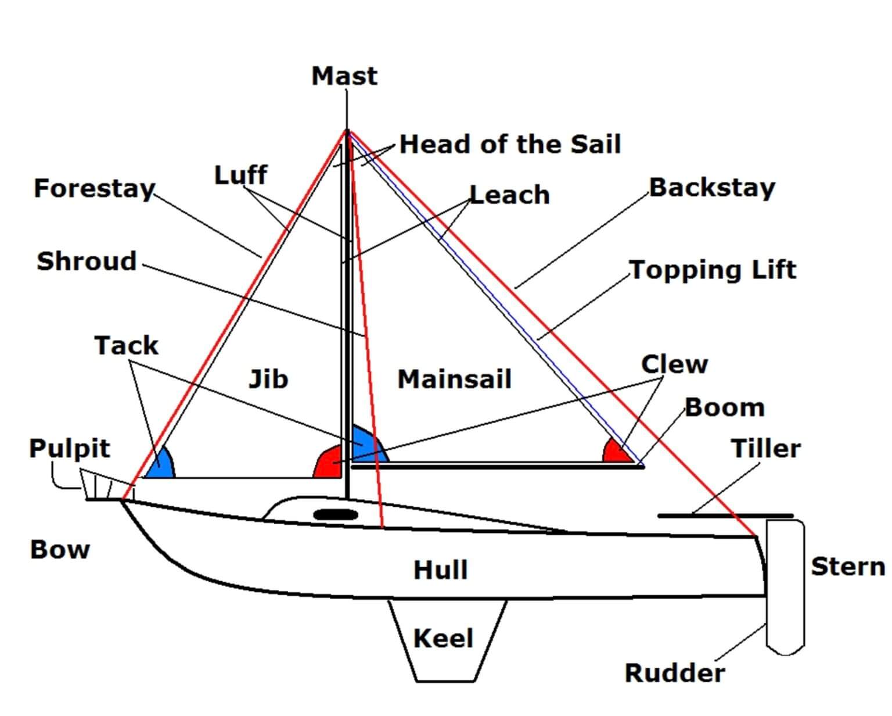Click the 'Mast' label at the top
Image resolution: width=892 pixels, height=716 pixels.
point(344,76)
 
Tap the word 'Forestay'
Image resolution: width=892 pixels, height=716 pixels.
point(94,188)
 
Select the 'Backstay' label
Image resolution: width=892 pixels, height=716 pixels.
point(712,188)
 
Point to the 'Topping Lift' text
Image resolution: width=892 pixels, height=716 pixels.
point(713,270)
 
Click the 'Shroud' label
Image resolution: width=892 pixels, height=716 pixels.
point(87,261)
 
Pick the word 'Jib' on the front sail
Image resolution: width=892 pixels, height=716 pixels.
point(268,379)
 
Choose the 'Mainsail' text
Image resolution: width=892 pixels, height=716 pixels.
point(454,379)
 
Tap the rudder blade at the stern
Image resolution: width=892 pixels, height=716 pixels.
point(785,587)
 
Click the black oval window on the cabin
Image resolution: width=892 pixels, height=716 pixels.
point(335,514)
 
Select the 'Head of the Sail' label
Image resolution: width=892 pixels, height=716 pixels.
point(510,144)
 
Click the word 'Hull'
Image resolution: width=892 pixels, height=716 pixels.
point(440,570)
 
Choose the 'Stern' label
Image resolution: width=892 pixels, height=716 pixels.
point(847,566)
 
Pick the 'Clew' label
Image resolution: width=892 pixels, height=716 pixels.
point(674,364)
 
